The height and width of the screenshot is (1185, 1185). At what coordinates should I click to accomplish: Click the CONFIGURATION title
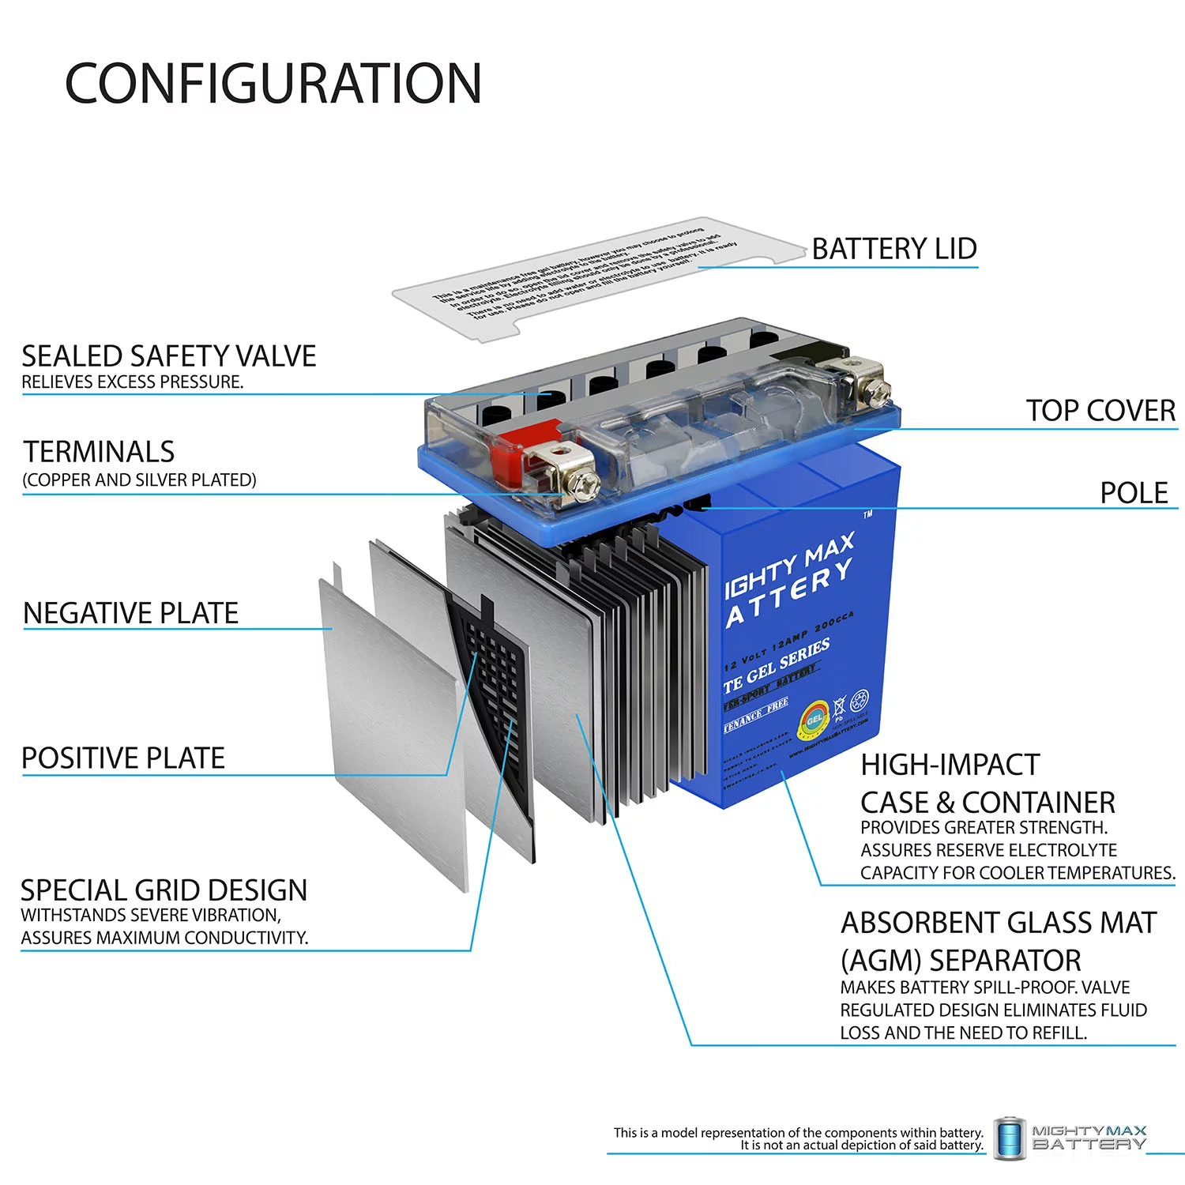(x=273, y=84)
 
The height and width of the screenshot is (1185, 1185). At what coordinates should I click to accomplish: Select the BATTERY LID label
(x=894, y=249)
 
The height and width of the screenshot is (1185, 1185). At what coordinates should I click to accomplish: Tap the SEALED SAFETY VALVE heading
(x=168, y=356)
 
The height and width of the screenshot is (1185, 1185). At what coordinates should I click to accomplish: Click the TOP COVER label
(x=1100, y=411)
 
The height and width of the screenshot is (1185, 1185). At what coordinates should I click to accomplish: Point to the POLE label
(x=1134, y=493)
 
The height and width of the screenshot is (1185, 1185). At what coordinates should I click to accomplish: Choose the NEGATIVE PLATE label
(x=130, y=613)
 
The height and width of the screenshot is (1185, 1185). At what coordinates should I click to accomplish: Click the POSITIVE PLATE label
(x=123, y=758)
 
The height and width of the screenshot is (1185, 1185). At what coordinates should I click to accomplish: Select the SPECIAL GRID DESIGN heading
(x=164, y=890)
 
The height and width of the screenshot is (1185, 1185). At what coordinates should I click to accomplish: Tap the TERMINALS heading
(x=99, y=452)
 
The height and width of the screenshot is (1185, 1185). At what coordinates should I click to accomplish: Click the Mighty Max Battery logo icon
(x=1009, y=1138)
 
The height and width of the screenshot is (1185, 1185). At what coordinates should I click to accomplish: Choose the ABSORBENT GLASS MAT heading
(x=999, y=923)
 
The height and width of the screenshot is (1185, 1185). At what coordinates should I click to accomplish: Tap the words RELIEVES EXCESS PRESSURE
(x=132, y=382)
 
